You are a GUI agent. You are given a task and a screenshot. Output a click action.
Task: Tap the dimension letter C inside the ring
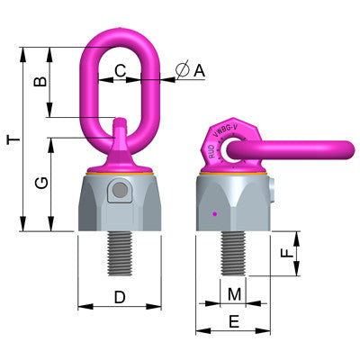pyautogui.click(x=120, y=68)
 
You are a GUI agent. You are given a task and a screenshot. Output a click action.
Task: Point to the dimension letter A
pyautogui.click(x=199, y=68)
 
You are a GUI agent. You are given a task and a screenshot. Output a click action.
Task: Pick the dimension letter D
pyautogui.click(x=119, y=296)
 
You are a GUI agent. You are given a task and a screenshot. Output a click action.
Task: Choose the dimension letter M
pyautogui.click(x=234, y=293)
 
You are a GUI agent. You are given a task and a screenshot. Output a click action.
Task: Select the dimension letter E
pyautogui.click(x=234, y=323)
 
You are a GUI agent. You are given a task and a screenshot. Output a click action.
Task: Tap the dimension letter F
pyautogui.click(x=287, y=255)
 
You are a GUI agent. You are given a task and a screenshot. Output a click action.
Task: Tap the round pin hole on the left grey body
pyautogui.click(x=116, y=192)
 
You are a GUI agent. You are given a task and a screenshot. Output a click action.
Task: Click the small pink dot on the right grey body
pyautogui.click(x=214, y=214)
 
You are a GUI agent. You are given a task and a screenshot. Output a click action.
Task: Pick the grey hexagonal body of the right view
pyautogui.click(x=232, y=203)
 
